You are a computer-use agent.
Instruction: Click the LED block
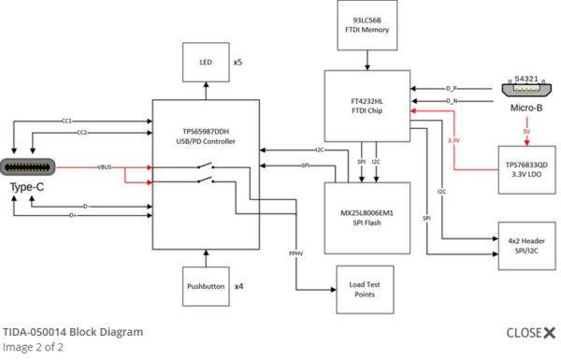coord(206,63)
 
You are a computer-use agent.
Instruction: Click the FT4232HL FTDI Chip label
coord(366,100)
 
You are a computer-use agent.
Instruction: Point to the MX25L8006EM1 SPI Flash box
coord(367,218)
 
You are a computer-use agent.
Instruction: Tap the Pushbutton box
coord(206,286)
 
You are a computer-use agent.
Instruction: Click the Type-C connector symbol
coord(29,169)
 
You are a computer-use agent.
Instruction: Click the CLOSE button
coord(530,333)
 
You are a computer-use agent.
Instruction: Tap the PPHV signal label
coord(295,252)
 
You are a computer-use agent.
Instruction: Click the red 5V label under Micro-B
coord(527,132)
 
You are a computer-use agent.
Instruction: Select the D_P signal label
coord(452,89)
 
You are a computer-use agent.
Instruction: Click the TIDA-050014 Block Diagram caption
coord(73,332)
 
